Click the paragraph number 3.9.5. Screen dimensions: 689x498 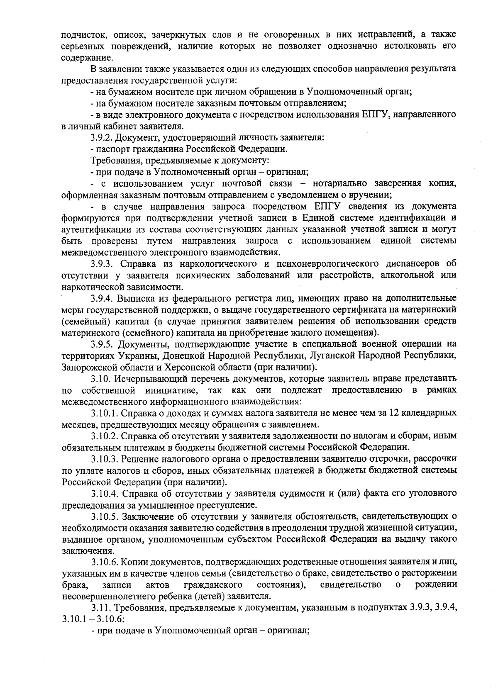(x=102, y=344)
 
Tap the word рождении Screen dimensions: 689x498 (x=436, y=585)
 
